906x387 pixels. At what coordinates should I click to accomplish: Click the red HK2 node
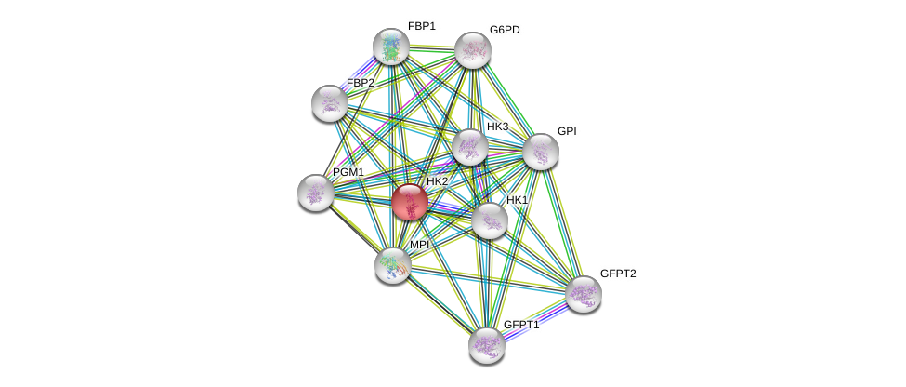[x=409, y=202]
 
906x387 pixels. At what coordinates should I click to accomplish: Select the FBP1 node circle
[x=391, y=47]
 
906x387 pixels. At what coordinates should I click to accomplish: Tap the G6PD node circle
[x=472, y=50]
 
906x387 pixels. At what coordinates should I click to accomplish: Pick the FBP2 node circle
[x=329, y=103]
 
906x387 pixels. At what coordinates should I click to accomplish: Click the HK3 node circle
[x=469, y=147]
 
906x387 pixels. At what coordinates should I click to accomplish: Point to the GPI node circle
[x=540, y=152]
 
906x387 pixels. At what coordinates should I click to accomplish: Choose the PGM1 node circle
[x=316, y=193]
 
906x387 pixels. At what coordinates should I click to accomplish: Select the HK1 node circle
[x=490, y=220]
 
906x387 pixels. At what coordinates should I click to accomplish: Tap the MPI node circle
[x=392, y=265]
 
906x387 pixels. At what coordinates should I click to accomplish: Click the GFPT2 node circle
[x=583, y=294]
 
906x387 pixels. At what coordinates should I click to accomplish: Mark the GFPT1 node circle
[x=486, y=345]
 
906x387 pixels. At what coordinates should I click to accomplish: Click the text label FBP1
[x=421, y=26]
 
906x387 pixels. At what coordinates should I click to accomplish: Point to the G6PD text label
[x=505, y=30]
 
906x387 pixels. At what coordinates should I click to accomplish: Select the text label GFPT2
[x=618, y=274]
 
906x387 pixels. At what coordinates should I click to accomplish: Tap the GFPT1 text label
[x=520, y=325]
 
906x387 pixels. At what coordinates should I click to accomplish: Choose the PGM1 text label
[x=348, y=172]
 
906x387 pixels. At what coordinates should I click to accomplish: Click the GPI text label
[x=567, y=131]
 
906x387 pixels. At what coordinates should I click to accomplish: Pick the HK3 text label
[x=497, y=127]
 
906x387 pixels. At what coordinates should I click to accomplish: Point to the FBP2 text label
[x=361, y=83]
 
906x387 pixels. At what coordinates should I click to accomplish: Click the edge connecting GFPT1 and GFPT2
[x=534, y=320]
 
